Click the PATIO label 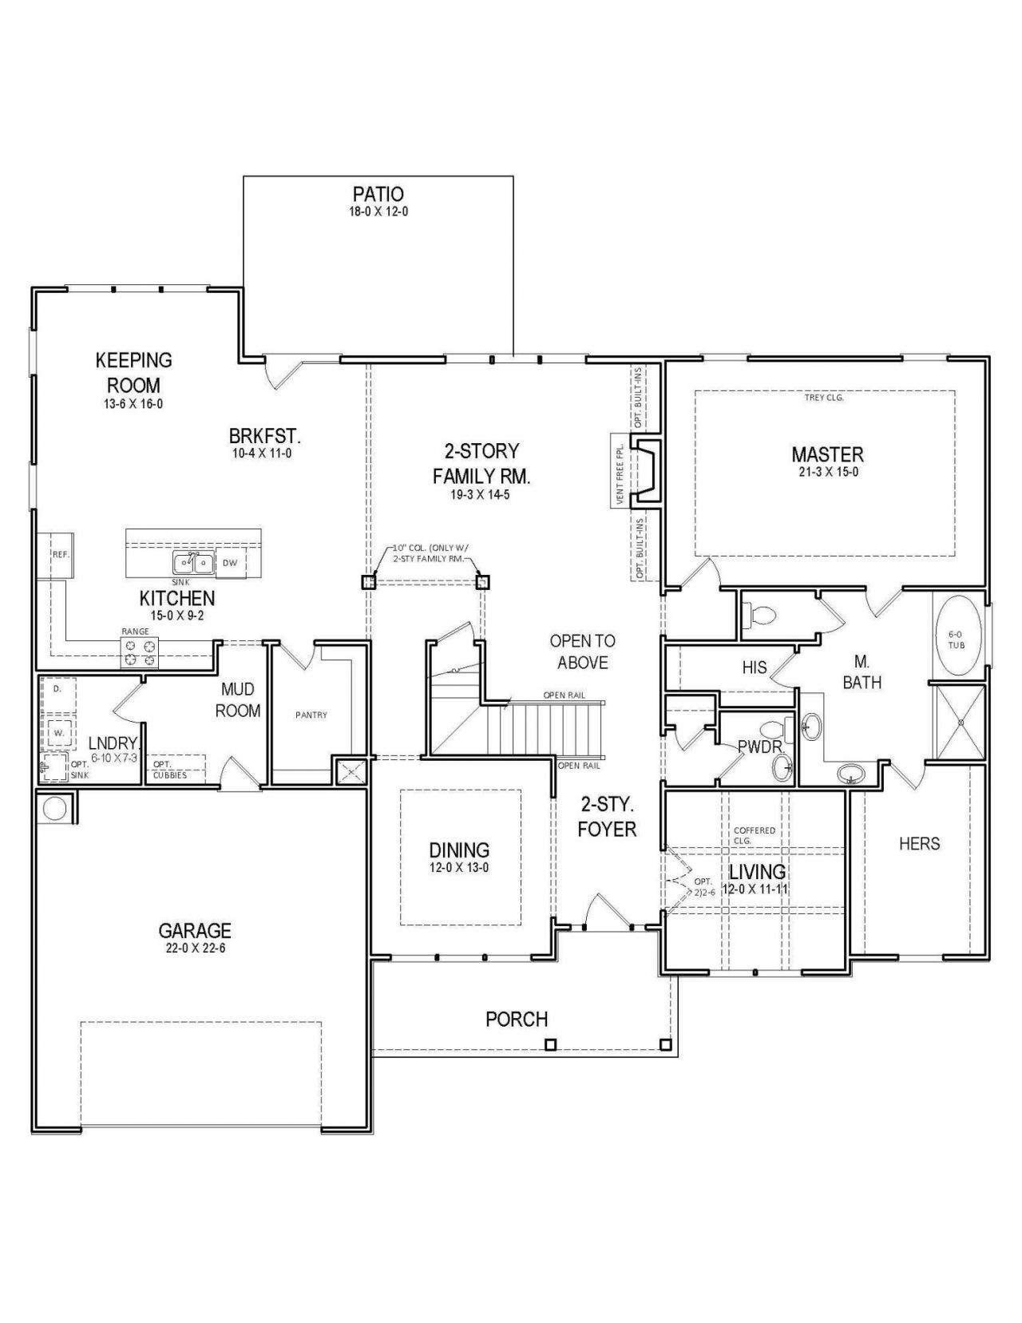pyautogui.click(x=378, y=194)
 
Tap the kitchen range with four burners pyautogui.click(x=140, y=652)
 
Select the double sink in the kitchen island pyautogui.click(x=192, y=563)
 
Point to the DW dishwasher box pyautogui.click(x=229, y=563)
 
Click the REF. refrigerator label pyautogui.click(x=60, y=555)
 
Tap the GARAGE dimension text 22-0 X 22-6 pyautogui.click(x=196, y=949)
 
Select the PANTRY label pyautogui.click(x=311, y=715)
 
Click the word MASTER pyautogui.click(x=827, y=454)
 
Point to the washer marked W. pyautogui.click(x=58, y=733)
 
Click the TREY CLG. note pyautogui.click(x=823, y=398)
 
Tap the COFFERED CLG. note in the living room pyautogui.click(x=755, y=834)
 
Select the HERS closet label pyautogui.click(x=919, y=844)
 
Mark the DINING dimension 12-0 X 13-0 pyautogui.click(x=458, y=868)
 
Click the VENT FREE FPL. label pyautogui.click(x=620, y=470)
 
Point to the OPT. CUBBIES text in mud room pyautogui.click(x=170, y=770)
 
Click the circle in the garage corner pyautogui.click(x=53, y=809)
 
